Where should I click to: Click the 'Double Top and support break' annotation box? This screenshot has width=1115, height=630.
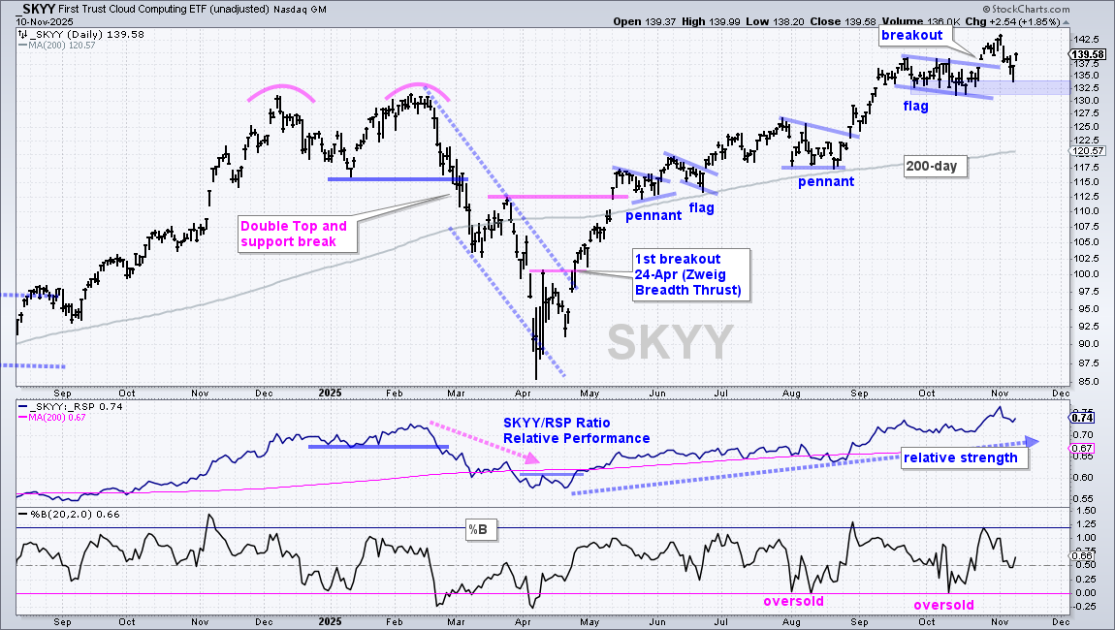pos(298,234)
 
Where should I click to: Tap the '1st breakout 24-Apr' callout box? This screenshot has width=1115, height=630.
pos(691,274)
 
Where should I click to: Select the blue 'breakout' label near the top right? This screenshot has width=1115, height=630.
pos(911,35)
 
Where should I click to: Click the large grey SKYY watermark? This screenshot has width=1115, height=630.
pos(670,342)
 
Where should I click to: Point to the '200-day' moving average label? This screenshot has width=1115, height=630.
pos(932,167)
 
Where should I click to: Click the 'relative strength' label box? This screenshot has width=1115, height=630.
pos(960,457)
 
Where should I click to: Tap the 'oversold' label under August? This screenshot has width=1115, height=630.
pos(793,602)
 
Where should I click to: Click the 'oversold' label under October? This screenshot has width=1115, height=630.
pos(943,605)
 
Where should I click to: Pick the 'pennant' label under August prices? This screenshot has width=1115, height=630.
pos(825,181)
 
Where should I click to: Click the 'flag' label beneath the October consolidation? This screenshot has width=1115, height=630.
pos(916,106)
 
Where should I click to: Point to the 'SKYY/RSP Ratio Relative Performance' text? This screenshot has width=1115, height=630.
pos(577,430)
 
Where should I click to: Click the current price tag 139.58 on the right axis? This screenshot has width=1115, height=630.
pos(1087,54)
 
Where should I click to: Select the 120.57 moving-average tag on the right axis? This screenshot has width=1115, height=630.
pos(1087,151)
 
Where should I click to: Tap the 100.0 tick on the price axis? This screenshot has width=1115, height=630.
pos(1085,273)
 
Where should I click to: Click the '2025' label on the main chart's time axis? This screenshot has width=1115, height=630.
pos(330,393)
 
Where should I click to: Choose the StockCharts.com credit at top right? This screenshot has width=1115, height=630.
pos(1026,10)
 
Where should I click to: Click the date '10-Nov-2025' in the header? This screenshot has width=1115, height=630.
pos(44,21)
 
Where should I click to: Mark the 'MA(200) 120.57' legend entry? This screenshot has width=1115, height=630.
pos(56,45)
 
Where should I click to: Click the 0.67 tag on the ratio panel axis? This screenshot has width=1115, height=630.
pos(1082,448)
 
